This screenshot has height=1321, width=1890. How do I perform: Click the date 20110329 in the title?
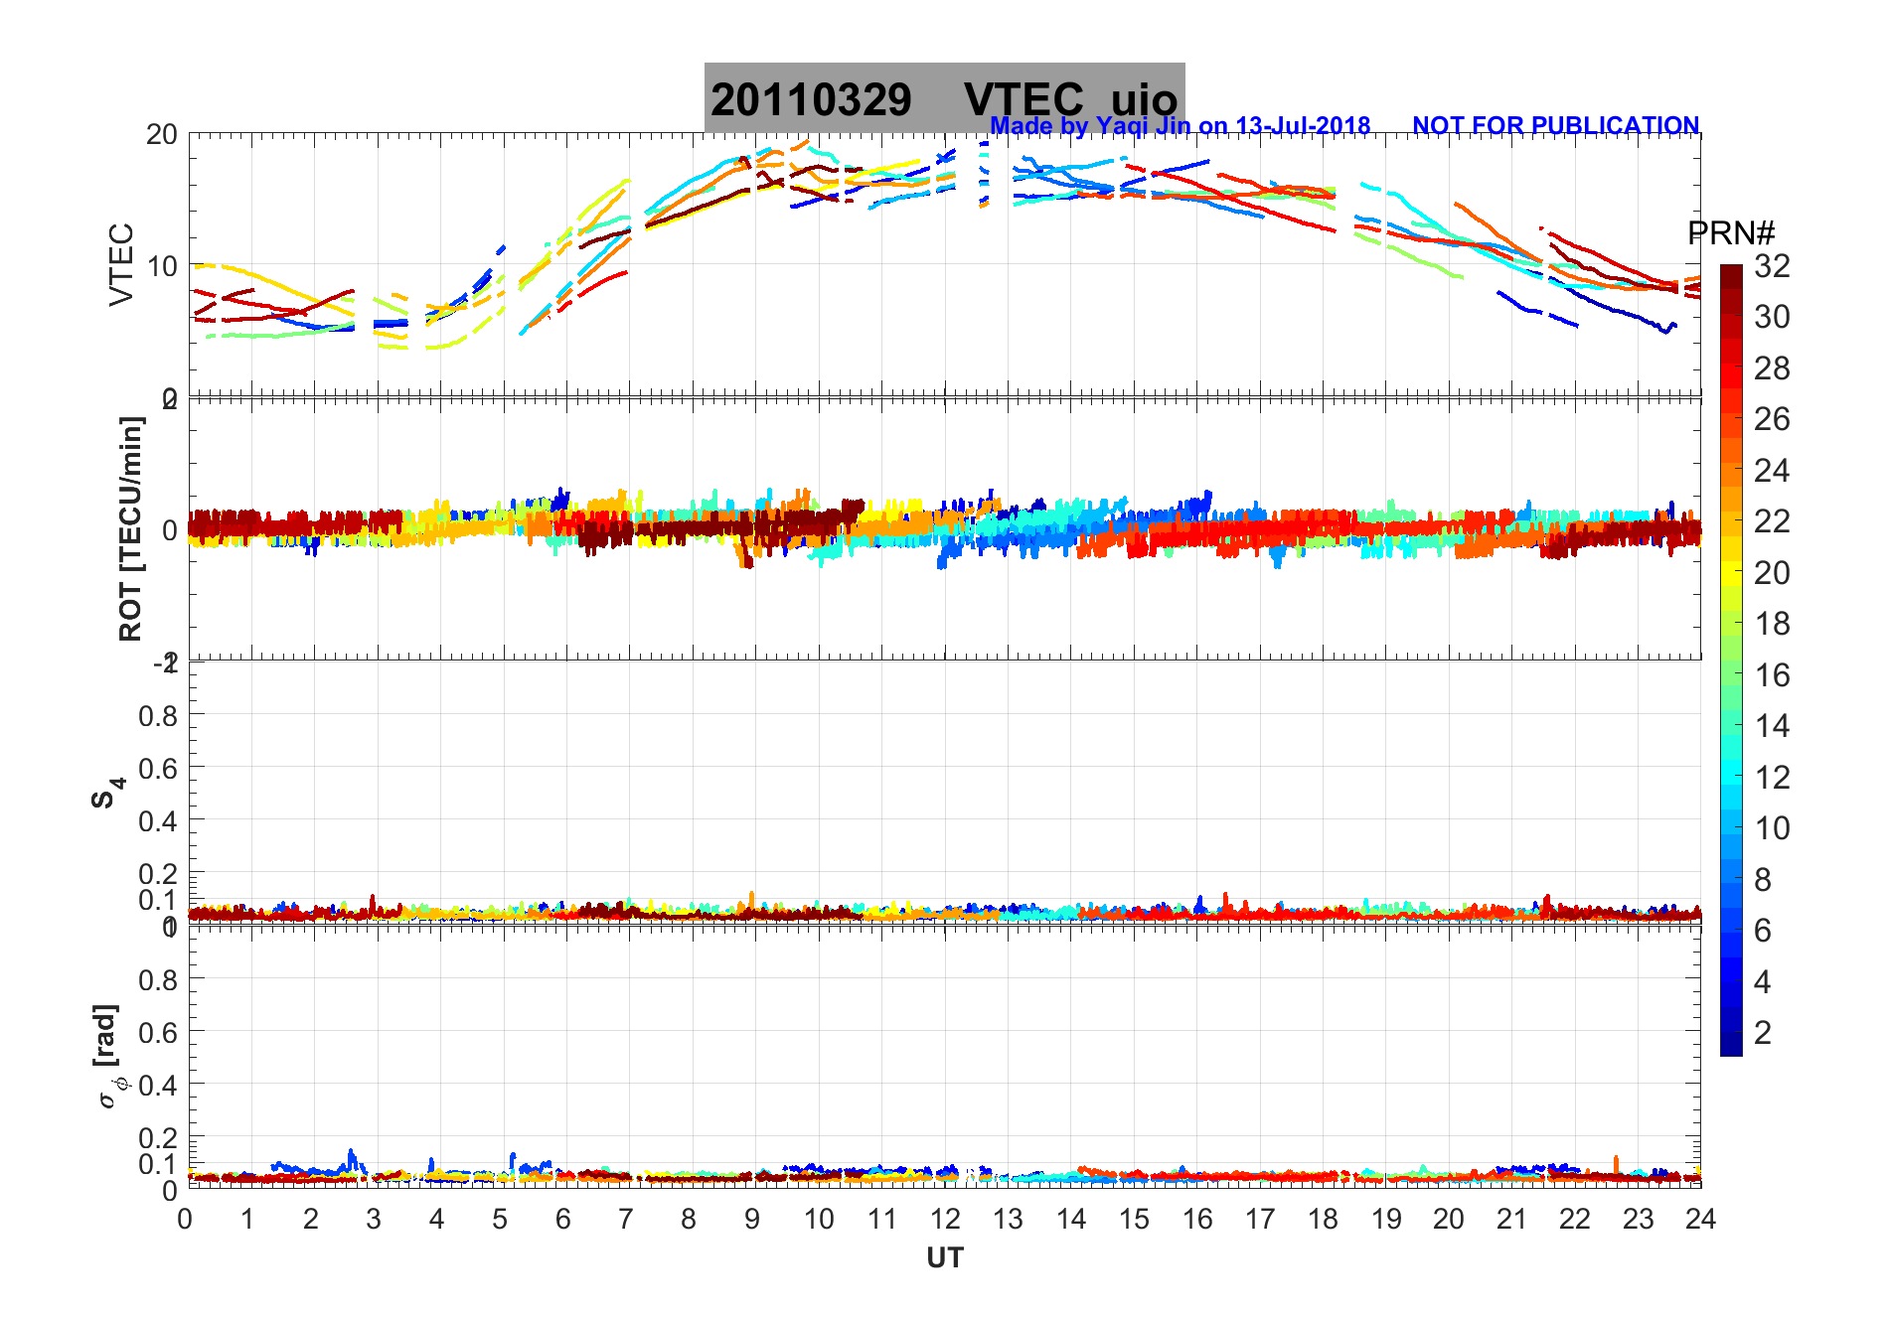811,100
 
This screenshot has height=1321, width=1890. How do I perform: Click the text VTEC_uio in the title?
1070,100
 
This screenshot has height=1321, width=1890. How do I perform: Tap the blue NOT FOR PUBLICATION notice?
1555,126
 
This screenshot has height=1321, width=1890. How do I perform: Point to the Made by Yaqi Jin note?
1180,126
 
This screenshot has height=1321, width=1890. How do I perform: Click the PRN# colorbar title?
1731,233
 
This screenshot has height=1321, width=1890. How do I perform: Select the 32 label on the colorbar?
1772,266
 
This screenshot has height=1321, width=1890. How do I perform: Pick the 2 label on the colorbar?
1763,1033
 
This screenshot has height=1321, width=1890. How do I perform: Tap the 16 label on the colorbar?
1772,675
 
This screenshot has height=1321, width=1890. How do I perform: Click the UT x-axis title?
945,1258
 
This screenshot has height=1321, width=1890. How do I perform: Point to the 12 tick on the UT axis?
945,1219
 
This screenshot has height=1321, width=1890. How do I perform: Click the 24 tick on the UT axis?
1700,1219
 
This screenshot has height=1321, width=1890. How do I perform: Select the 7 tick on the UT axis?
626,1219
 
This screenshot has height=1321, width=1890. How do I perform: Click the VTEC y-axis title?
121,264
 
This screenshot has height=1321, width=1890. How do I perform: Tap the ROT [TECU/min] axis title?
130,528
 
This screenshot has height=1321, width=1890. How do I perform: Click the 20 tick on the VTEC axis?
162,135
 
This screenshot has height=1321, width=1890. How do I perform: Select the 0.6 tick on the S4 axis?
158,768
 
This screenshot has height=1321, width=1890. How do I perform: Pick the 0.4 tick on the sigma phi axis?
158,1085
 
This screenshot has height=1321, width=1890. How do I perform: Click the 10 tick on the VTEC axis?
162,266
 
